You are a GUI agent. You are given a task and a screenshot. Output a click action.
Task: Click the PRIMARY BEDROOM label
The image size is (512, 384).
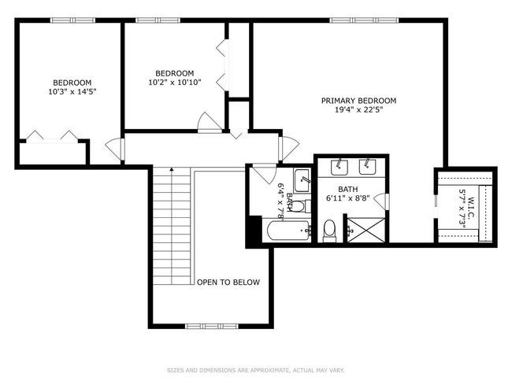[358, 101]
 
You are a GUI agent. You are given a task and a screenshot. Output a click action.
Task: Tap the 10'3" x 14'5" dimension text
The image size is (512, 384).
[72, 92]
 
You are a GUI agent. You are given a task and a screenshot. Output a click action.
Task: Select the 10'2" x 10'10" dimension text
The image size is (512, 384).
[175, 82]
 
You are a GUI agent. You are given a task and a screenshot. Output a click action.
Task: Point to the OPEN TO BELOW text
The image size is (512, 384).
[228, 282]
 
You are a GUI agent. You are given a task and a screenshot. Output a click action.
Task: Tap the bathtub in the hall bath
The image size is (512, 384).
[288, 231]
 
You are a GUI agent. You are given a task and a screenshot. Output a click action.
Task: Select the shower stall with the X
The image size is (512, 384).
[365, 230]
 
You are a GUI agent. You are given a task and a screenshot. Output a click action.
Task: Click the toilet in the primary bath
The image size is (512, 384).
[329, 231]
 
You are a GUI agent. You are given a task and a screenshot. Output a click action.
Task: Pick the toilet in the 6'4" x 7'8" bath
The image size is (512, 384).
[299, 206]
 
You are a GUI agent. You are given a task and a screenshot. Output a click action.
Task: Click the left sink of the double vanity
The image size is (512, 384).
[339, 166]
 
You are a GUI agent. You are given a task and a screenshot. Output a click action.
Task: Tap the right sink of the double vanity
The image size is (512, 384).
[368, 166]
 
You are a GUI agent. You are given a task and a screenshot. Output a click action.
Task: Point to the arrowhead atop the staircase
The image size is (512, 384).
[172, 169]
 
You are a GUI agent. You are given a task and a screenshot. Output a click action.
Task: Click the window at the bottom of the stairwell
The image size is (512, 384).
[212, 326]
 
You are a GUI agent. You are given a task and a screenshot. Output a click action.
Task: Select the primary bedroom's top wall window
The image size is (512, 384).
[364, 20]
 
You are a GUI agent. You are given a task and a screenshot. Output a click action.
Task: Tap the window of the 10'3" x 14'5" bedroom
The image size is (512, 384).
[72, 20]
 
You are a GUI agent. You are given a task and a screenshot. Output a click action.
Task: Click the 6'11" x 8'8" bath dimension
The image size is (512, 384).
[347, 198]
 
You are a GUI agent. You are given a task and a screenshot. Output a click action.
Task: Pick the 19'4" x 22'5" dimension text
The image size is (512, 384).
[358, 109]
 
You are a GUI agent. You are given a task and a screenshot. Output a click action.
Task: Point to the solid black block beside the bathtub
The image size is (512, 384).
[254, 231]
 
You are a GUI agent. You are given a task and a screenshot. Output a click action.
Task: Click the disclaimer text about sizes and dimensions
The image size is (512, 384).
[256, 371]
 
